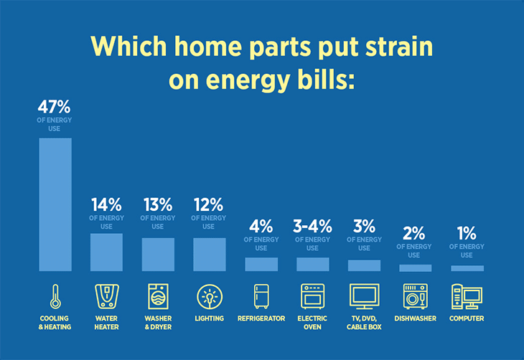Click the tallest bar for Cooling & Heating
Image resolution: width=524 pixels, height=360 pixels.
[55, 204]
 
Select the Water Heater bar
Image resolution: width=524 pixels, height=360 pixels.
[106, 252]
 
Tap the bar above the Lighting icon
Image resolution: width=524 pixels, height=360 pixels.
[210, 255]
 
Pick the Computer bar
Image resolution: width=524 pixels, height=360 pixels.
[467, 268]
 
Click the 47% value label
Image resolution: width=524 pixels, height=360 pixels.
[54, 107]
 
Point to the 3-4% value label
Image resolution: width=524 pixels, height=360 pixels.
[312, 227]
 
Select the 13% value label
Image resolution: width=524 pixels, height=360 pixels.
[158, 204]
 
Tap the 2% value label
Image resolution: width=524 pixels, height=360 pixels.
[413, 233]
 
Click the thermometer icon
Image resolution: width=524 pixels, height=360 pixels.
[55, 296]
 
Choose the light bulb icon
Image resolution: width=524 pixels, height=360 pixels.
[210, 297]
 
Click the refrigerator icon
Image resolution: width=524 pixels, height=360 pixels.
[261, 296]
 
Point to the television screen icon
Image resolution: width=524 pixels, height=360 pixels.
[364, 296]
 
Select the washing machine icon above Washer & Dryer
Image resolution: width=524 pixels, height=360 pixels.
[158, 296]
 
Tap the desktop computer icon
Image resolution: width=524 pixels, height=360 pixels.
[467, 296]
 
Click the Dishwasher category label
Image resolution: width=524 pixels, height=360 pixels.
[416, 318]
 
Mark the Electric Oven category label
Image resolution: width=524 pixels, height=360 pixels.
[312, 323]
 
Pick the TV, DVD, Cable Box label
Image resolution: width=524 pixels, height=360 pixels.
[364, 323]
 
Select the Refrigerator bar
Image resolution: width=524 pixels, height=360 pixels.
[261, 264]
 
